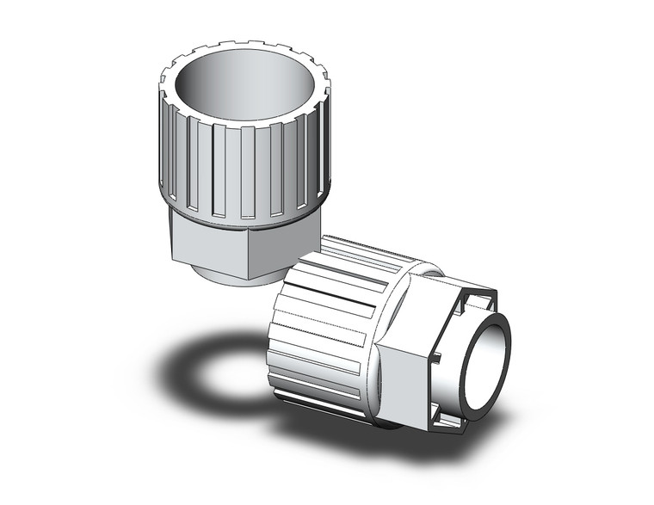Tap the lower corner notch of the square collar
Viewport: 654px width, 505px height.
[x=447, y=417]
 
